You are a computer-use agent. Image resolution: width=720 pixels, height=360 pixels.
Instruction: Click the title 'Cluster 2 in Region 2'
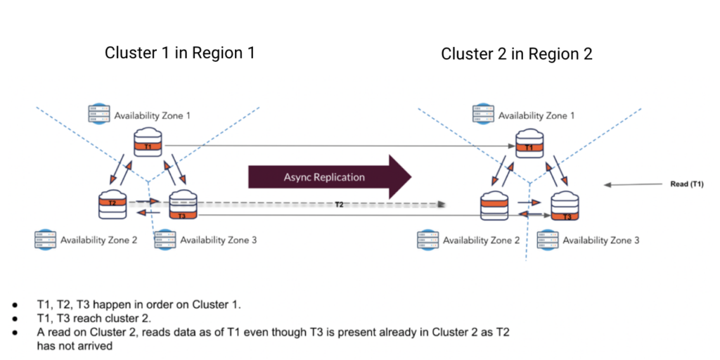tap(516, 53)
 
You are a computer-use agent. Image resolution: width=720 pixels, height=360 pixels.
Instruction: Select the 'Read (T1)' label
tap(687, 185)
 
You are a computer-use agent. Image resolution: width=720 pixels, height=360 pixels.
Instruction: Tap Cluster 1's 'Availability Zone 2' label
tap(98, 240)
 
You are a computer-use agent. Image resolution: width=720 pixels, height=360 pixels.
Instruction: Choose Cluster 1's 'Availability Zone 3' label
tap(218, 240)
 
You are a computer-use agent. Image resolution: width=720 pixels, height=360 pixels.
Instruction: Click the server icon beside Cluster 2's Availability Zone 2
tap(429, 240)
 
